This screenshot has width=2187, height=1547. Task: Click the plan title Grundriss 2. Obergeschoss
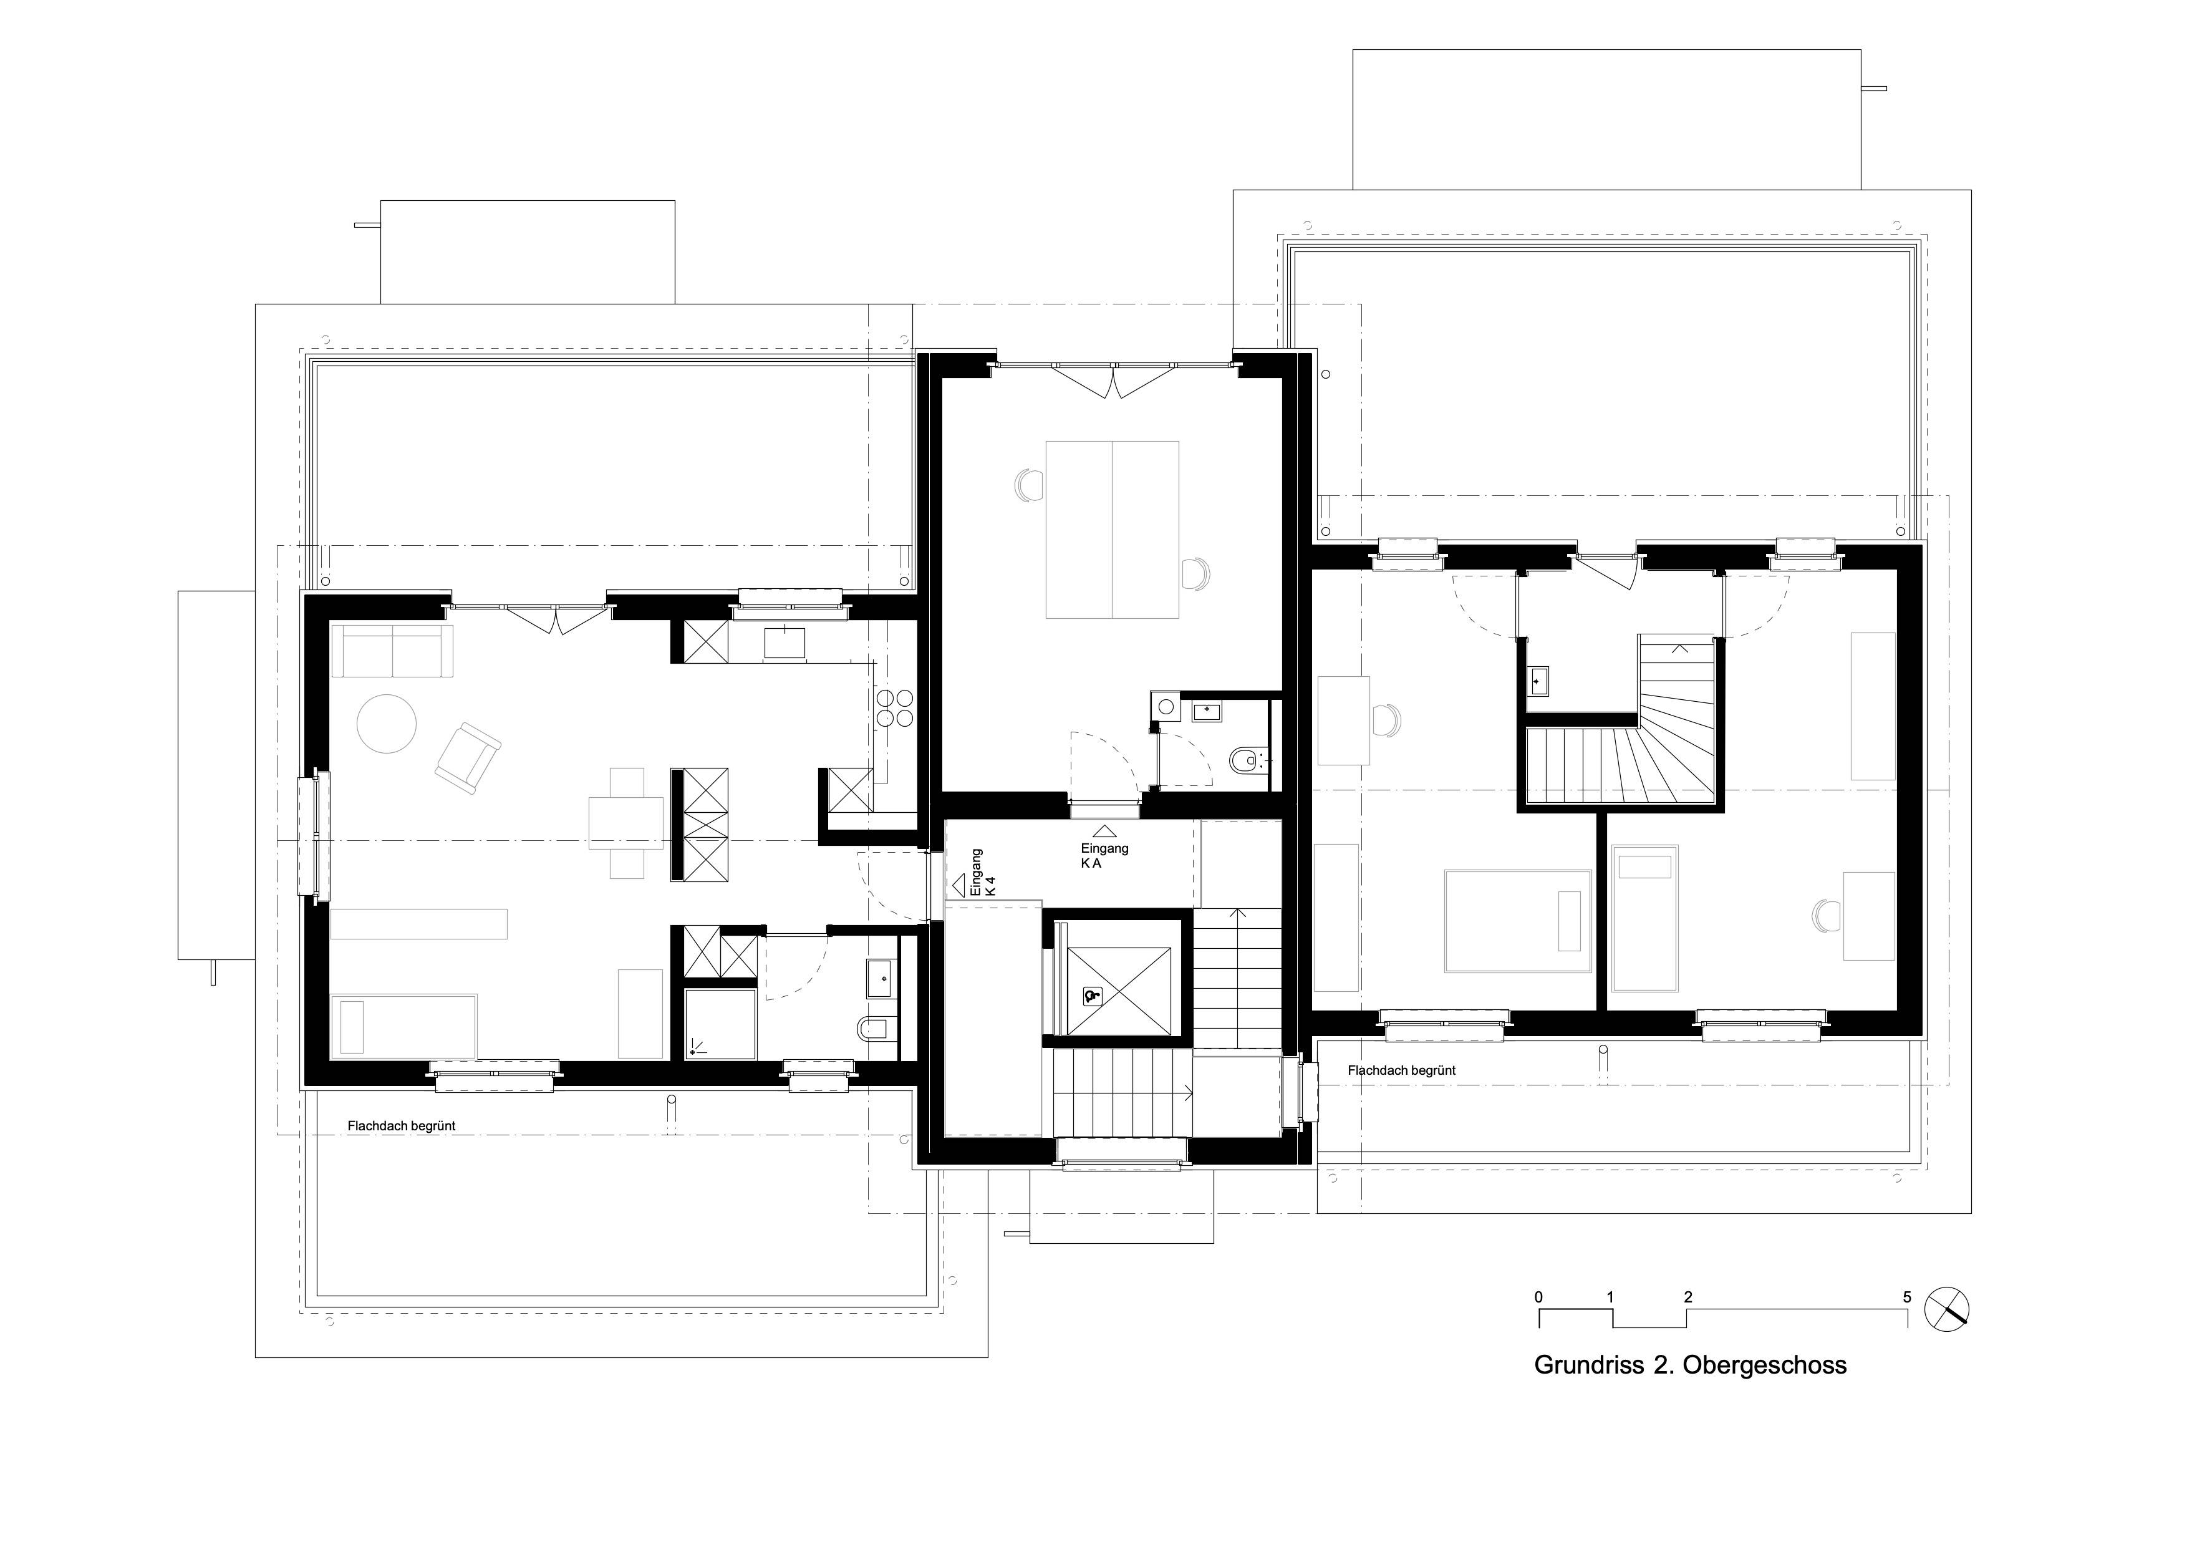tap(1690, 1365)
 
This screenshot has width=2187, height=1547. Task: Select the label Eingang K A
tap(1104, 855)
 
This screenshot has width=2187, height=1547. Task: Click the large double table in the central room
tap(1112, 530)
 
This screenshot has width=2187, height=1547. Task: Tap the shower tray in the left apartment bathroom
tap(720, 1024)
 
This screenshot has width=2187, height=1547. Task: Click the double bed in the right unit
tap(1517, 920)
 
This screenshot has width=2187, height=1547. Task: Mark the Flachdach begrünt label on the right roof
tap(1401, 1070)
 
